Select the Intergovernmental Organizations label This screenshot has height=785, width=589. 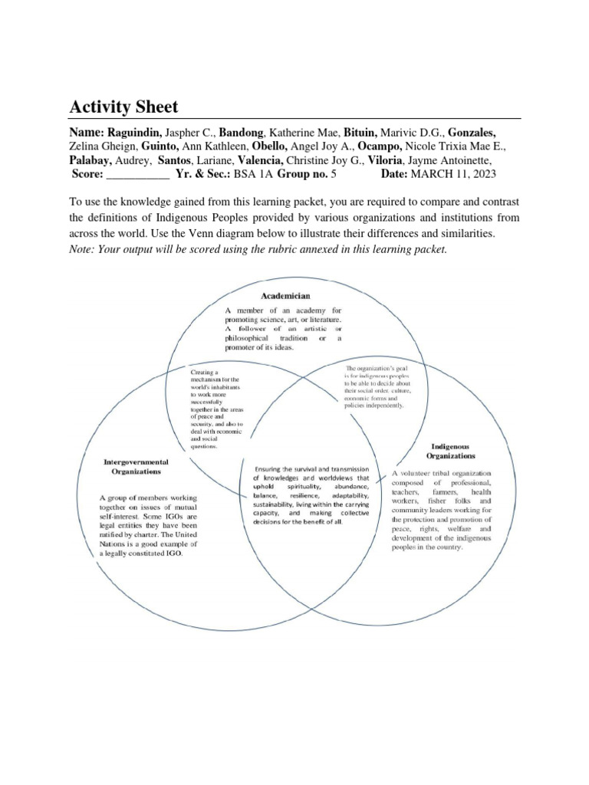click(x=137, y=468)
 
